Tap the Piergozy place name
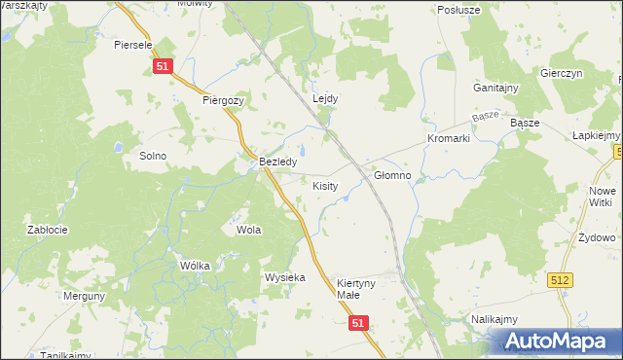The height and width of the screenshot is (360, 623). pyautogui.click(x=223, y=100)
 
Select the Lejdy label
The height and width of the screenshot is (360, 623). pyautogui.click(x=325, y=98)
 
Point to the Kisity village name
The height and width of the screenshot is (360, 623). pyautogui.click(x=325, y=185)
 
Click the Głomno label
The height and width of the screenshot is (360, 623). pyautogui.click(x=392, y=176)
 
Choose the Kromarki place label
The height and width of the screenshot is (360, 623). pyautogui.click(x=448, y=139)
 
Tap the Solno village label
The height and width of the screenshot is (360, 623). pyautogui.click(x=153, y=156)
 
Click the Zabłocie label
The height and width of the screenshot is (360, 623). pyautogui.click(x=47, y=230)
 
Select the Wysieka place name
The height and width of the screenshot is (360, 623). pyautogui.click(x=285, y=277)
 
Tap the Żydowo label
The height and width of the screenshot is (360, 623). pyautogui.click(x=596, y=237)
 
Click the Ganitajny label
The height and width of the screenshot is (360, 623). pyautogui.click(x=495, y=88)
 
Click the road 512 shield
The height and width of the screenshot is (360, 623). pyautogui.click(x=560, y=279)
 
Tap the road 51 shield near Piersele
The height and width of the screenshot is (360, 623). pyautogui.click(x=163, y=64)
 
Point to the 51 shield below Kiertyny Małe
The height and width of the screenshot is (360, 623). pyautogui.click(x=359, y=322)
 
